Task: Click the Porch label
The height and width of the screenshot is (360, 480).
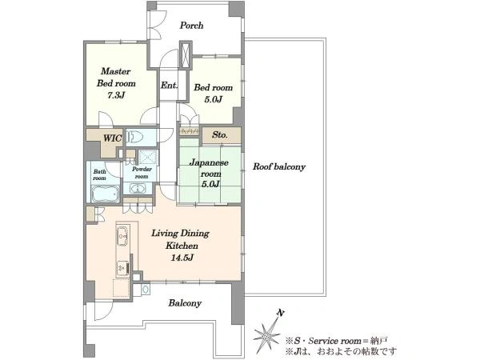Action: pyautogui.click(x=191, y=25)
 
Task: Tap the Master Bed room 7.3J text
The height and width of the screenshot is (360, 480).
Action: pyautogui.click(x=116, y=83)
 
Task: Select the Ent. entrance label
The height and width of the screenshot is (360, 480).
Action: pyautogui.click(x=169, y=85)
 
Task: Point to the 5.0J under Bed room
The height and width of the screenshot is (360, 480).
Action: pyautogui.click(x=213, y=99)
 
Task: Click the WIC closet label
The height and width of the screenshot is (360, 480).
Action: pyautogui.click(x=112, y=138)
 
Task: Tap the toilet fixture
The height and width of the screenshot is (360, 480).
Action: pyautogui.click(x=134, y=137)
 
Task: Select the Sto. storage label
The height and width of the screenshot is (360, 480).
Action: pyautogui.click(x=220, y=134)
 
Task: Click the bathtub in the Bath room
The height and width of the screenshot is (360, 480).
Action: pyautogui.click(x=105, y=194)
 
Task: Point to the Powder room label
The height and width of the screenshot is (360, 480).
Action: pyautogui.click(x=142, y=173)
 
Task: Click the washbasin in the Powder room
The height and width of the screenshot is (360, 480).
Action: pyautogui.click(x=138, y=188)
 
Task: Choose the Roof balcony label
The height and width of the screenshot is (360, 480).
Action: pyautogui.click(x=279, y=167)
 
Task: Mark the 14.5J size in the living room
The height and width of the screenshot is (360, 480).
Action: pyautogui.click(x=182, y=258)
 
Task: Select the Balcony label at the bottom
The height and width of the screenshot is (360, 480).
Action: pyautogui.click(x=185, y=303)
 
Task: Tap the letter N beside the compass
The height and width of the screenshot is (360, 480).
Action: pyautogui.click(x=281, y=313)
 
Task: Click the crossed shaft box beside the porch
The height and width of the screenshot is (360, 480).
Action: pyautogui.click(x=186, y=55)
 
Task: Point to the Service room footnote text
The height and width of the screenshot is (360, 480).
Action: pyautogui.click(x=337, y=341)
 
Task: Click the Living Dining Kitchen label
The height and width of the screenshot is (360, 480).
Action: pyautogui.click(x=181, y=239)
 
